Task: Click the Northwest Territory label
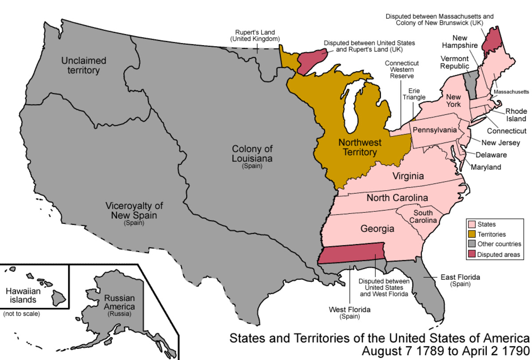click(357, 147)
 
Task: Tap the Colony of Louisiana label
click(252, 153)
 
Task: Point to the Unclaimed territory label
click(81, 65)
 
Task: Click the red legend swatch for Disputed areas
click(471, 254)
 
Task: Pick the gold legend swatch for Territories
click(471, 234)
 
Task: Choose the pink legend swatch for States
click(471, 224)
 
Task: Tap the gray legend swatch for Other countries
click(471, 244)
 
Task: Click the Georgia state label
click(377, 229)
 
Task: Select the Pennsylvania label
click(434, 130)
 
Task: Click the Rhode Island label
click(516, 114)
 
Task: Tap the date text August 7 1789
click(400, 351)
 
